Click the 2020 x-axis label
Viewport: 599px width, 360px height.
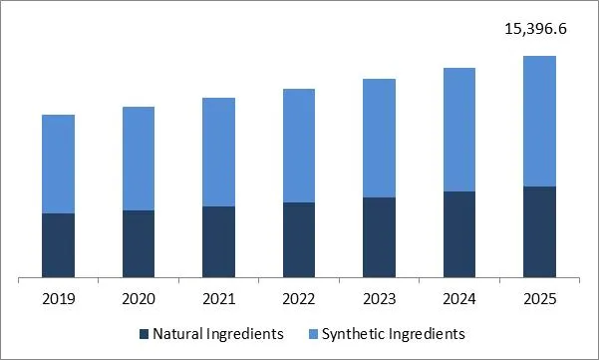(139, 297)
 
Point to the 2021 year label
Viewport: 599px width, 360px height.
(218, 297)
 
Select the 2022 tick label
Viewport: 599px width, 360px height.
(299, 297)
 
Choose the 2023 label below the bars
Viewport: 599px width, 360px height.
(379, 297)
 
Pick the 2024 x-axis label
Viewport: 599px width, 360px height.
(459, 297)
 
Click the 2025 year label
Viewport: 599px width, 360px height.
(539, 297)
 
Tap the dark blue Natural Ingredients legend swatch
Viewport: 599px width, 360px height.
(144, 333)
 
